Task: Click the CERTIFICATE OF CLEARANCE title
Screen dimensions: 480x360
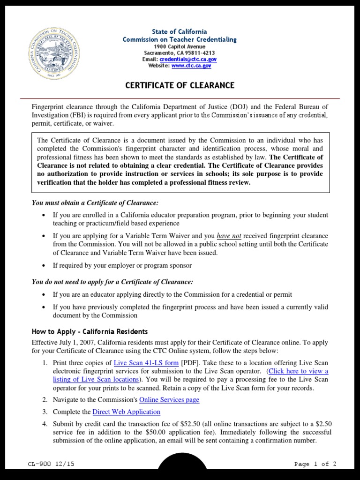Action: (x=180, y=85)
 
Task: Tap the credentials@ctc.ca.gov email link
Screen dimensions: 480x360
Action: (x=187, y=60)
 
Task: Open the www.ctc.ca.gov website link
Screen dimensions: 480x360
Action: (x=191, y=66)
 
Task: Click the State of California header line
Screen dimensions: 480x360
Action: (x=180, y=31)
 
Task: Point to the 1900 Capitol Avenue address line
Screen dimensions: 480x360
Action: (x=180, y=46)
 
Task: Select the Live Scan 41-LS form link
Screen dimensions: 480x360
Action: (x=146, y=363)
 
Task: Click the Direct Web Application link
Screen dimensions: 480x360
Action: (x=127, y=412)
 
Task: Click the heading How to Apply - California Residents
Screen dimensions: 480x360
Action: (x=90, y=331)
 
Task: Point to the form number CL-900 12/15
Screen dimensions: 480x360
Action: (x=51, y=464)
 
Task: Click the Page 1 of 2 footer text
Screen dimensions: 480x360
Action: (x=315, y=464)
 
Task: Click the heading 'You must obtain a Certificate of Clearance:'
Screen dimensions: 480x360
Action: (x=95, y=203)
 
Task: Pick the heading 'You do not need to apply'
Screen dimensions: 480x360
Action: (x=112, y=282)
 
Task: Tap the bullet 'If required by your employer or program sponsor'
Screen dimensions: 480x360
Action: (x=122, y=265)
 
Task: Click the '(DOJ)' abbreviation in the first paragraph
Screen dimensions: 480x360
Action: (x=242, y=106)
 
